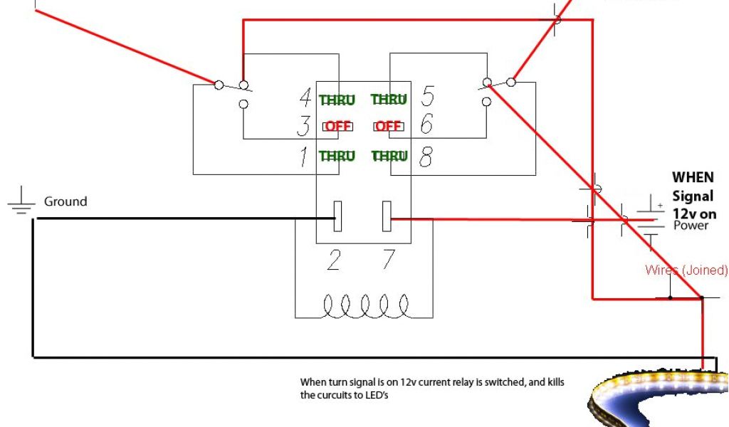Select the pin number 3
pyautogui.click(x=304, y=126)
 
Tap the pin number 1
pyautogui.click(x=305, y=156)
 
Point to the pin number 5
pyautogui.click(x=427, y=95)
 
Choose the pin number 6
pyautogui.click(x=426, y=125)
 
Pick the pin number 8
pyautogui.click(x=425, y=156)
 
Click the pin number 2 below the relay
pyautogui.click(x=333, y=260)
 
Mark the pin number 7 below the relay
pyautogui.click(x=388, y=260)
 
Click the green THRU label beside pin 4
pyautogui.click(x=337, y=100)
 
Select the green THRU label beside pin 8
pyautogui.click(x=389, y=156)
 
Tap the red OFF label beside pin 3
pyautogui.click(x=339, y=127)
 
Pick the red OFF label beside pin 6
pyautogui.click(x=389, y=127)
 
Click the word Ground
pyautogui.click(x=65, y=201)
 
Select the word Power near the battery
pyautogui.click(x=691, y=226)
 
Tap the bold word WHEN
pyautogui.click(x=693, y=177)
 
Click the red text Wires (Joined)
pyautogui.click(x=686, y=270)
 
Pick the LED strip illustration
pyautogui.click(x=659, y=395)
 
